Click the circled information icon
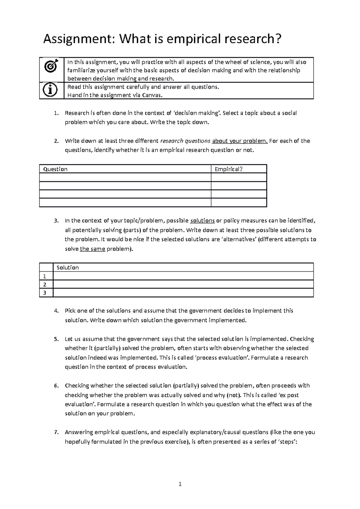[x=51, y=90]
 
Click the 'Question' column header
[x=55, y=169]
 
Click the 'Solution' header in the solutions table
[x=67, y=267]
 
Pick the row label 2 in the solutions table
[x=45, y=284]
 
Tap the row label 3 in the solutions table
[x=45, y=293]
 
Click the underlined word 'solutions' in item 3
[x=202, y=221]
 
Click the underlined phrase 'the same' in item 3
[x=92, y=249]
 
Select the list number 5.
[x=56, y=339]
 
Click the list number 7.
[x=56, y=433]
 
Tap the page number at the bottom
[x=180, y=484]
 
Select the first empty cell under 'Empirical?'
[x=239, y=177]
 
